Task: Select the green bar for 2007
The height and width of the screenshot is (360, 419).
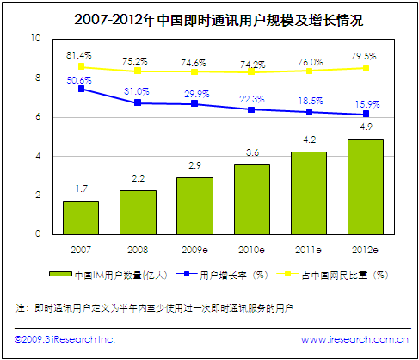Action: (x=81, y=216)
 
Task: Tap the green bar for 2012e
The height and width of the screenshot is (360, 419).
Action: (x=365, y=185)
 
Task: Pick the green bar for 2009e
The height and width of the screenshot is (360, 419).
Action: (x=194, y=205)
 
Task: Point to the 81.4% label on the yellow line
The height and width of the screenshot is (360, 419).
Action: (x=80, y=55)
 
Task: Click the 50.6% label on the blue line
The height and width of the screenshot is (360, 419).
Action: (x=80, y=78)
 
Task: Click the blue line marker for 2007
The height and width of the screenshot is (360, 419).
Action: (x=81, y=89)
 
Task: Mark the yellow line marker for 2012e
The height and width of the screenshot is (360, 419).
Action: (x=366, y=68)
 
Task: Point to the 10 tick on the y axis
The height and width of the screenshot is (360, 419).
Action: (x=35, y=39)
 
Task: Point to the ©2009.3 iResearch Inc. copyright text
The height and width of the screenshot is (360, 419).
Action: (x=65, y=339)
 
